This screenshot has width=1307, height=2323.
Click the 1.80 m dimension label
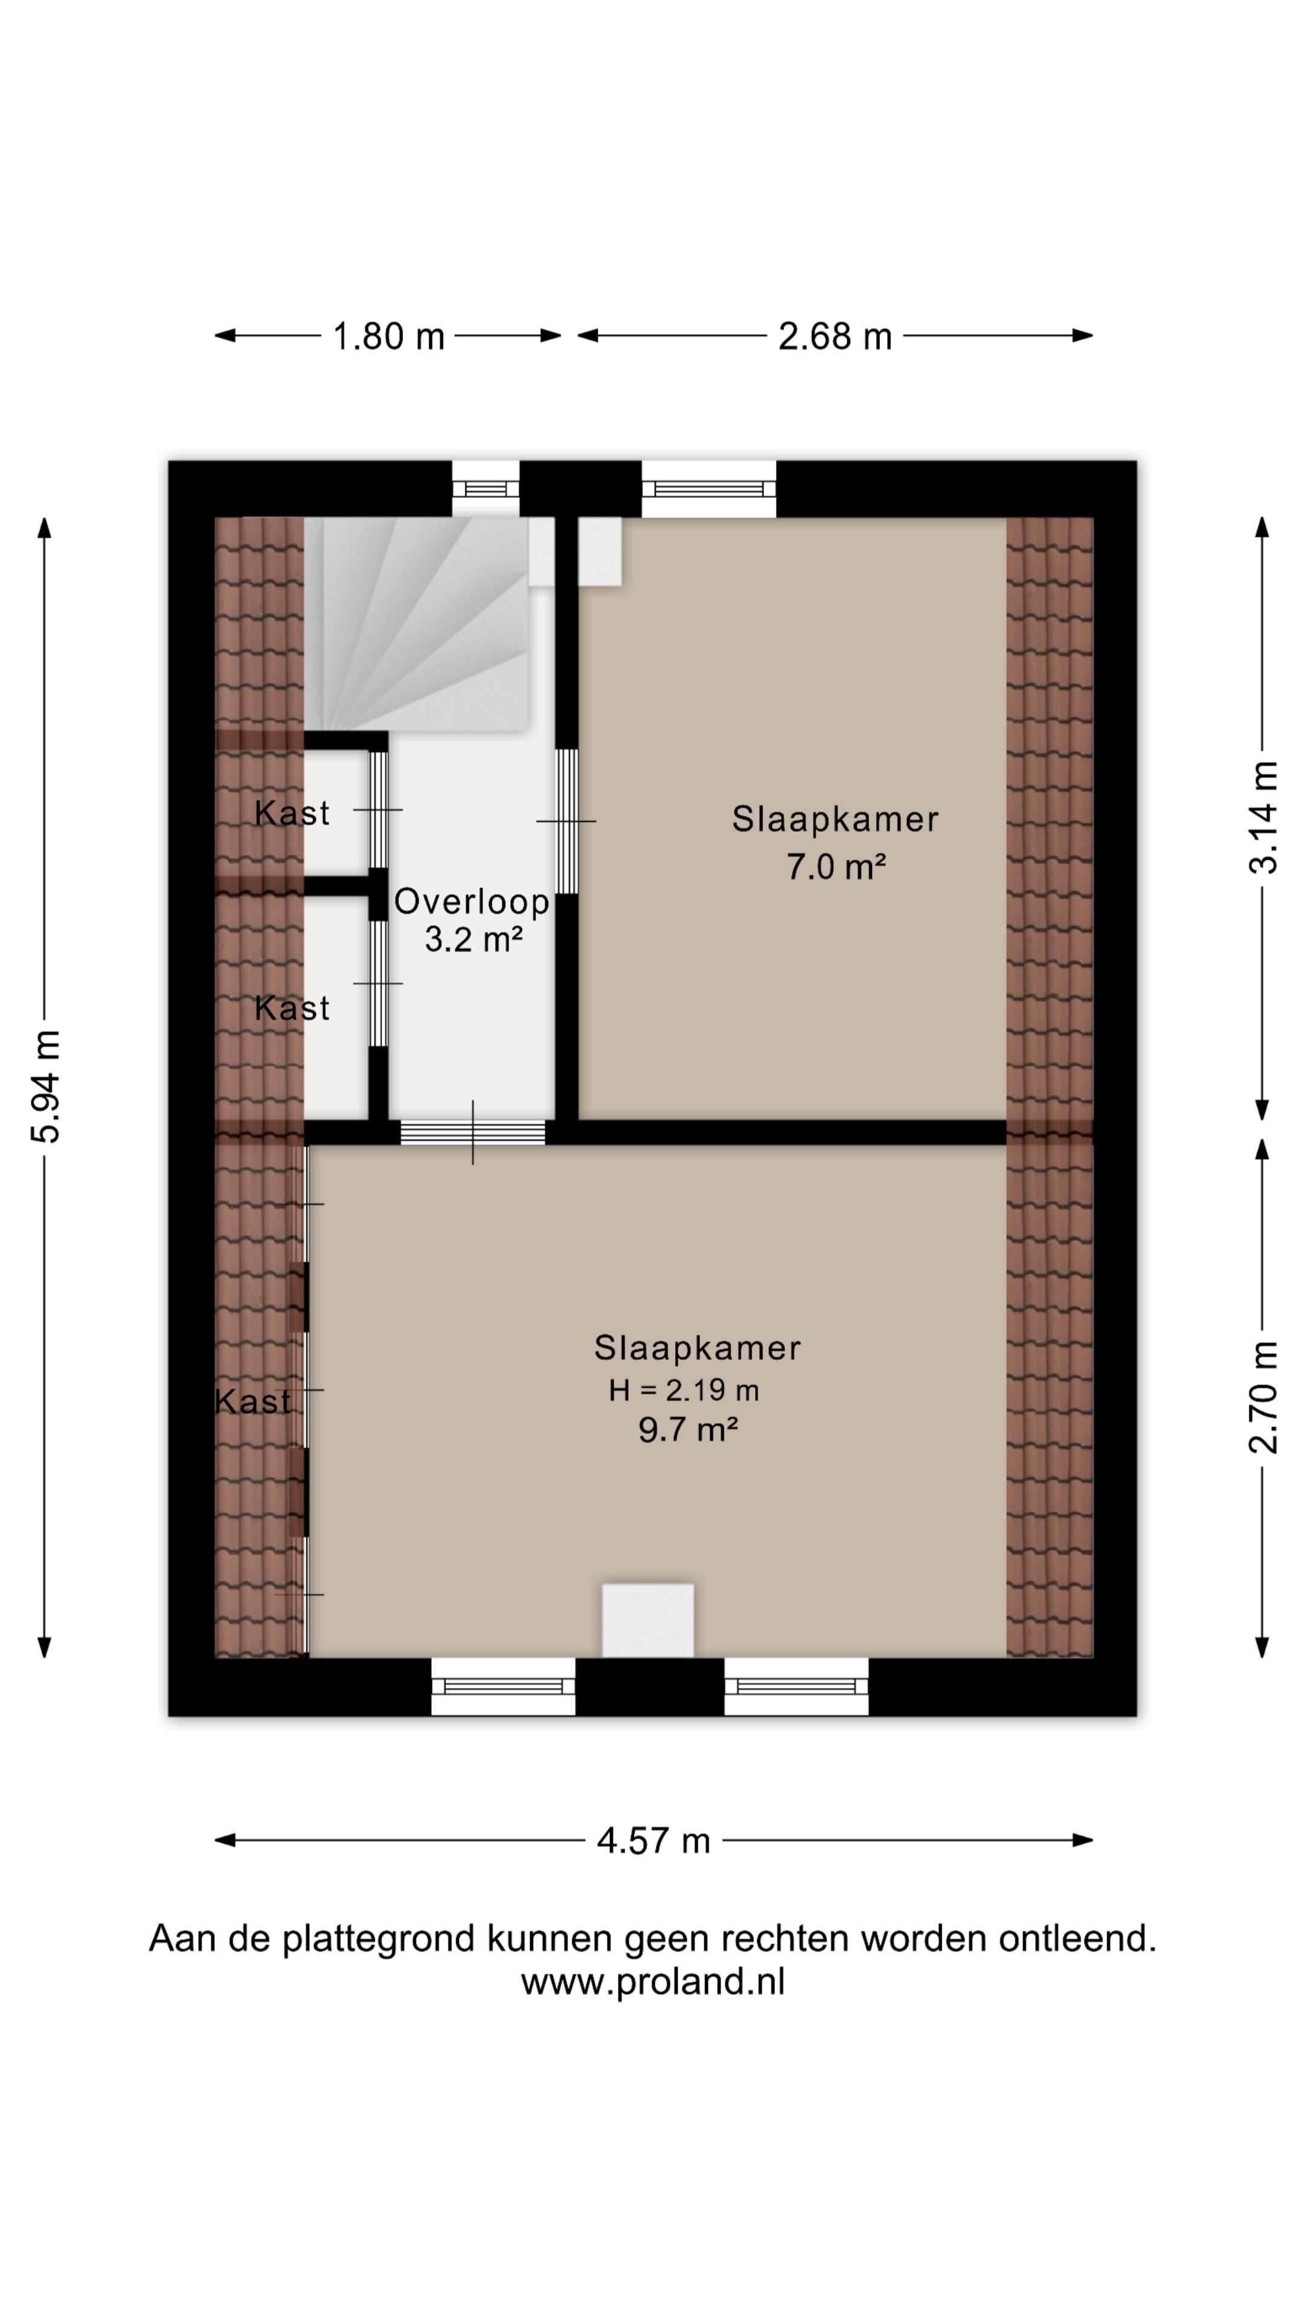(388, 336)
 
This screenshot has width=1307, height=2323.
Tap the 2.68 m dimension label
(835, 336)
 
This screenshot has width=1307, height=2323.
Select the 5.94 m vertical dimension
(45, 1086)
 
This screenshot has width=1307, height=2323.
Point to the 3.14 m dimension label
(1263, 817)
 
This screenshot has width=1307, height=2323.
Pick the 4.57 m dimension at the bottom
(654, 1840)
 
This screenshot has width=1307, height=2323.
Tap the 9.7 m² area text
(688, 1429)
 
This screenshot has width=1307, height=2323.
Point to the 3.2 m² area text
(474, 939)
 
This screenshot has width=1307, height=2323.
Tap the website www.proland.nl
(653, 1981)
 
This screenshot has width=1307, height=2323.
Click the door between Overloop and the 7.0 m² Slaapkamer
(566, 821)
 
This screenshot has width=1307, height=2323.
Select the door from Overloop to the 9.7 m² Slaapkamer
(473, 1132)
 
